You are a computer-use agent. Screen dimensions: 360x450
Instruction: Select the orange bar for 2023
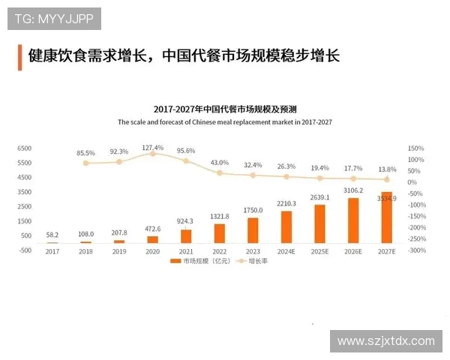tap(253, 230)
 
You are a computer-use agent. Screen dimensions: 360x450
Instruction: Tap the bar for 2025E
tap(319, 223)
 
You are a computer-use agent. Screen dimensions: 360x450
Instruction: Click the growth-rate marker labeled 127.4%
tap(152, 154)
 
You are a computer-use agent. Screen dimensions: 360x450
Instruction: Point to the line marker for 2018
tap(85, 163)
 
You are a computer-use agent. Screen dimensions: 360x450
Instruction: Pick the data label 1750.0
tap(253, 211)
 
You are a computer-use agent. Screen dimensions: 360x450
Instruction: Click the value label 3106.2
tap(353, 190)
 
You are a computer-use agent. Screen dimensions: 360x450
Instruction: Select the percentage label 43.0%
tap(220, 162)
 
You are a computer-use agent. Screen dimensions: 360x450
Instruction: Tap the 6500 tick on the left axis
tap(24, 148)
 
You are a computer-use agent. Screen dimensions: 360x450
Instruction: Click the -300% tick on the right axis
tap(417, 250)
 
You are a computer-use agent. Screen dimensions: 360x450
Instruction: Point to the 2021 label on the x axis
tap(186, 252)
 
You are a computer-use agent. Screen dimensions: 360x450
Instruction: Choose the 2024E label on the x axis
tap(286, 252)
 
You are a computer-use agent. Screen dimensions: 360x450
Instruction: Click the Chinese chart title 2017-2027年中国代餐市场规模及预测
tap(224, 109)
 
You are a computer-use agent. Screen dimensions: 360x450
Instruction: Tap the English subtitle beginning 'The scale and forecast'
tap(224, 121)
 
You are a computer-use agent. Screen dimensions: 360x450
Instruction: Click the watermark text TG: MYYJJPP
tap(54, 19)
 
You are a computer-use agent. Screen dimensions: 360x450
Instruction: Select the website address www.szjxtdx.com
tap(385, 341)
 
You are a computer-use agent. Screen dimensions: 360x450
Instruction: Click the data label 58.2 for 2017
tap(52, 235)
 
